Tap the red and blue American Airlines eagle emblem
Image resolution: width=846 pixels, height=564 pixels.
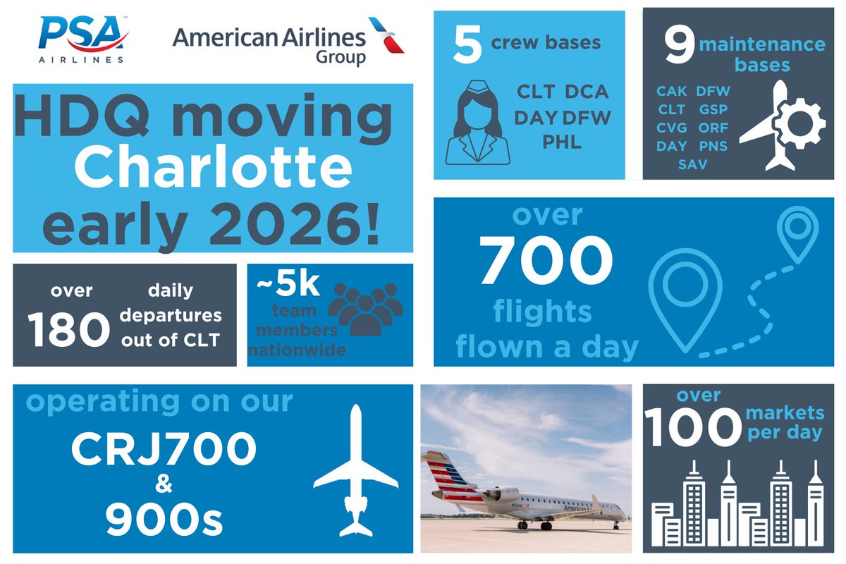tap(386, 35)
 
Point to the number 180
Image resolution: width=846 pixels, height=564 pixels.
tap(68, 329)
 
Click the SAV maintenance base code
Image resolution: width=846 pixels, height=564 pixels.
tap(693, 164)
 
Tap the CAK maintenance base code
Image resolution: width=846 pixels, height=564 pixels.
tap(671, 91)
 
